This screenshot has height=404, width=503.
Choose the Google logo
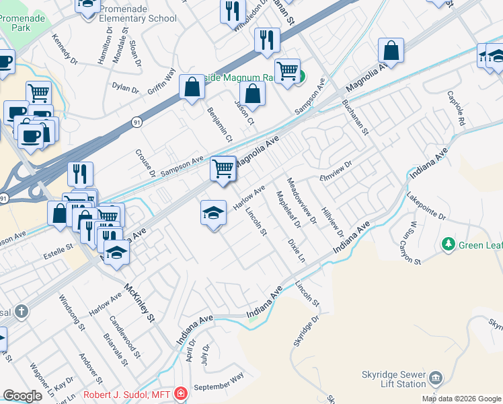(x=22, y=396)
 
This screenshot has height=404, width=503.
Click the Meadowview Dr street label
(x=301, y=200)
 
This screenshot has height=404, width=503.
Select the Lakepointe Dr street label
(x=426, y=207)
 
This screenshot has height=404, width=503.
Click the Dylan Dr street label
(x=124, y=88)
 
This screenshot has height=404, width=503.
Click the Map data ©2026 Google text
(x=461, y=399)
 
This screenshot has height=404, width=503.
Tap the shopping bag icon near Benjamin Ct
(x=192, y=87)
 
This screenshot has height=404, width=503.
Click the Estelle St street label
(x=59, y=247)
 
